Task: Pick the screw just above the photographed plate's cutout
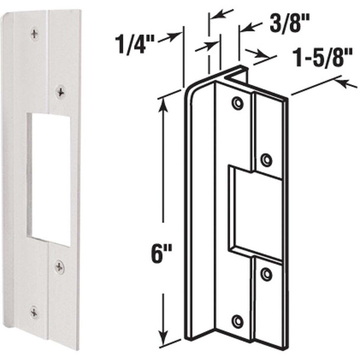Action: click(x=60, y=91)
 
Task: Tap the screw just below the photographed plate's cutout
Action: click(x=60, y=267)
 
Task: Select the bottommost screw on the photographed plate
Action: click(x=35, y=310)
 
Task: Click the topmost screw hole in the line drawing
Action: click(x=237, y=104)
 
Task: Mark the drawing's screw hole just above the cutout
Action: click(x=266, y=159)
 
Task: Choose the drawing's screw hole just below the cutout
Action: click(x=266, y=274)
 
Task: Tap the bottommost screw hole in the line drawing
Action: click(x=237, y=322)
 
